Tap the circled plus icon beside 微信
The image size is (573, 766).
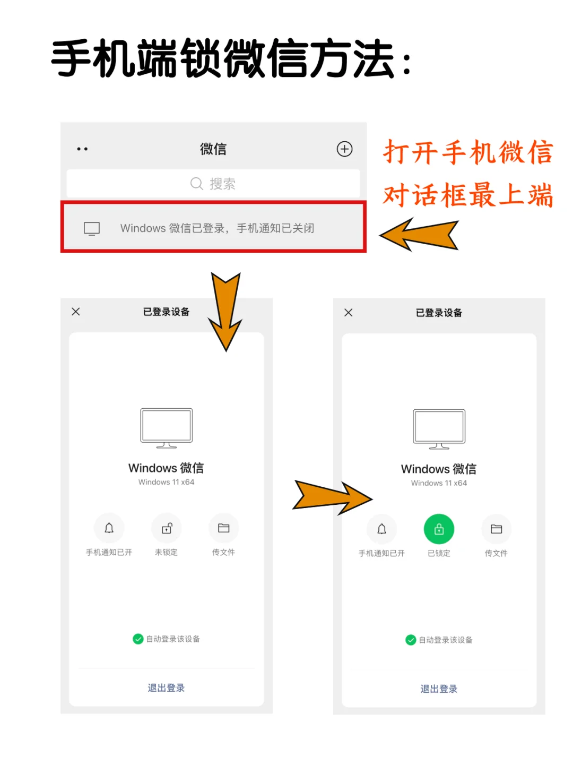[x=344, y=149]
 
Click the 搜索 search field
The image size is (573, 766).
[x=213, y=183]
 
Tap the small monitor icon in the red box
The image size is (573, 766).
[x=92, y=229]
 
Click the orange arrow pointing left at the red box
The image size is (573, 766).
[x=419, y=235]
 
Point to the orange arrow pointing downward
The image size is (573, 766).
[x=225, y=311]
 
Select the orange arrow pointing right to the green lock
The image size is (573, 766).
[x=332, y=497]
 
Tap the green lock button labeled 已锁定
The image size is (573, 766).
[x=439, y=529]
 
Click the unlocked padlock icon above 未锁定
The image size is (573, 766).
[x=167, y=528]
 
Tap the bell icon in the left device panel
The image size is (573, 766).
[x=109, y=528]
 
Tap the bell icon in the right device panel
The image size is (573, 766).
[x=381, y=529]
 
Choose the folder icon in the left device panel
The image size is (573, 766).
[x=223, y=528]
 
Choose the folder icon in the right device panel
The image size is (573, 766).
[x=496, y=529]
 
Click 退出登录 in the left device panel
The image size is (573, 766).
[x=166, y=688]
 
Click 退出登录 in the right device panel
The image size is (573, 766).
[x=439, y=689]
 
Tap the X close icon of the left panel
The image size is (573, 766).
[x=76, y=312]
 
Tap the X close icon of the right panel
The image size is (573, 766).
[x=349, y=313]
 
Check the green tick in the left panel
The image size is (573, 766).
[x=138, y=639]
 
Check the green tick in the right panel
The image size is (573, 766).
[x=411, y=640]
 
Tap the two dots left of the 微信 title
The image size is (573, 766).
[x=82, y=149]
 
